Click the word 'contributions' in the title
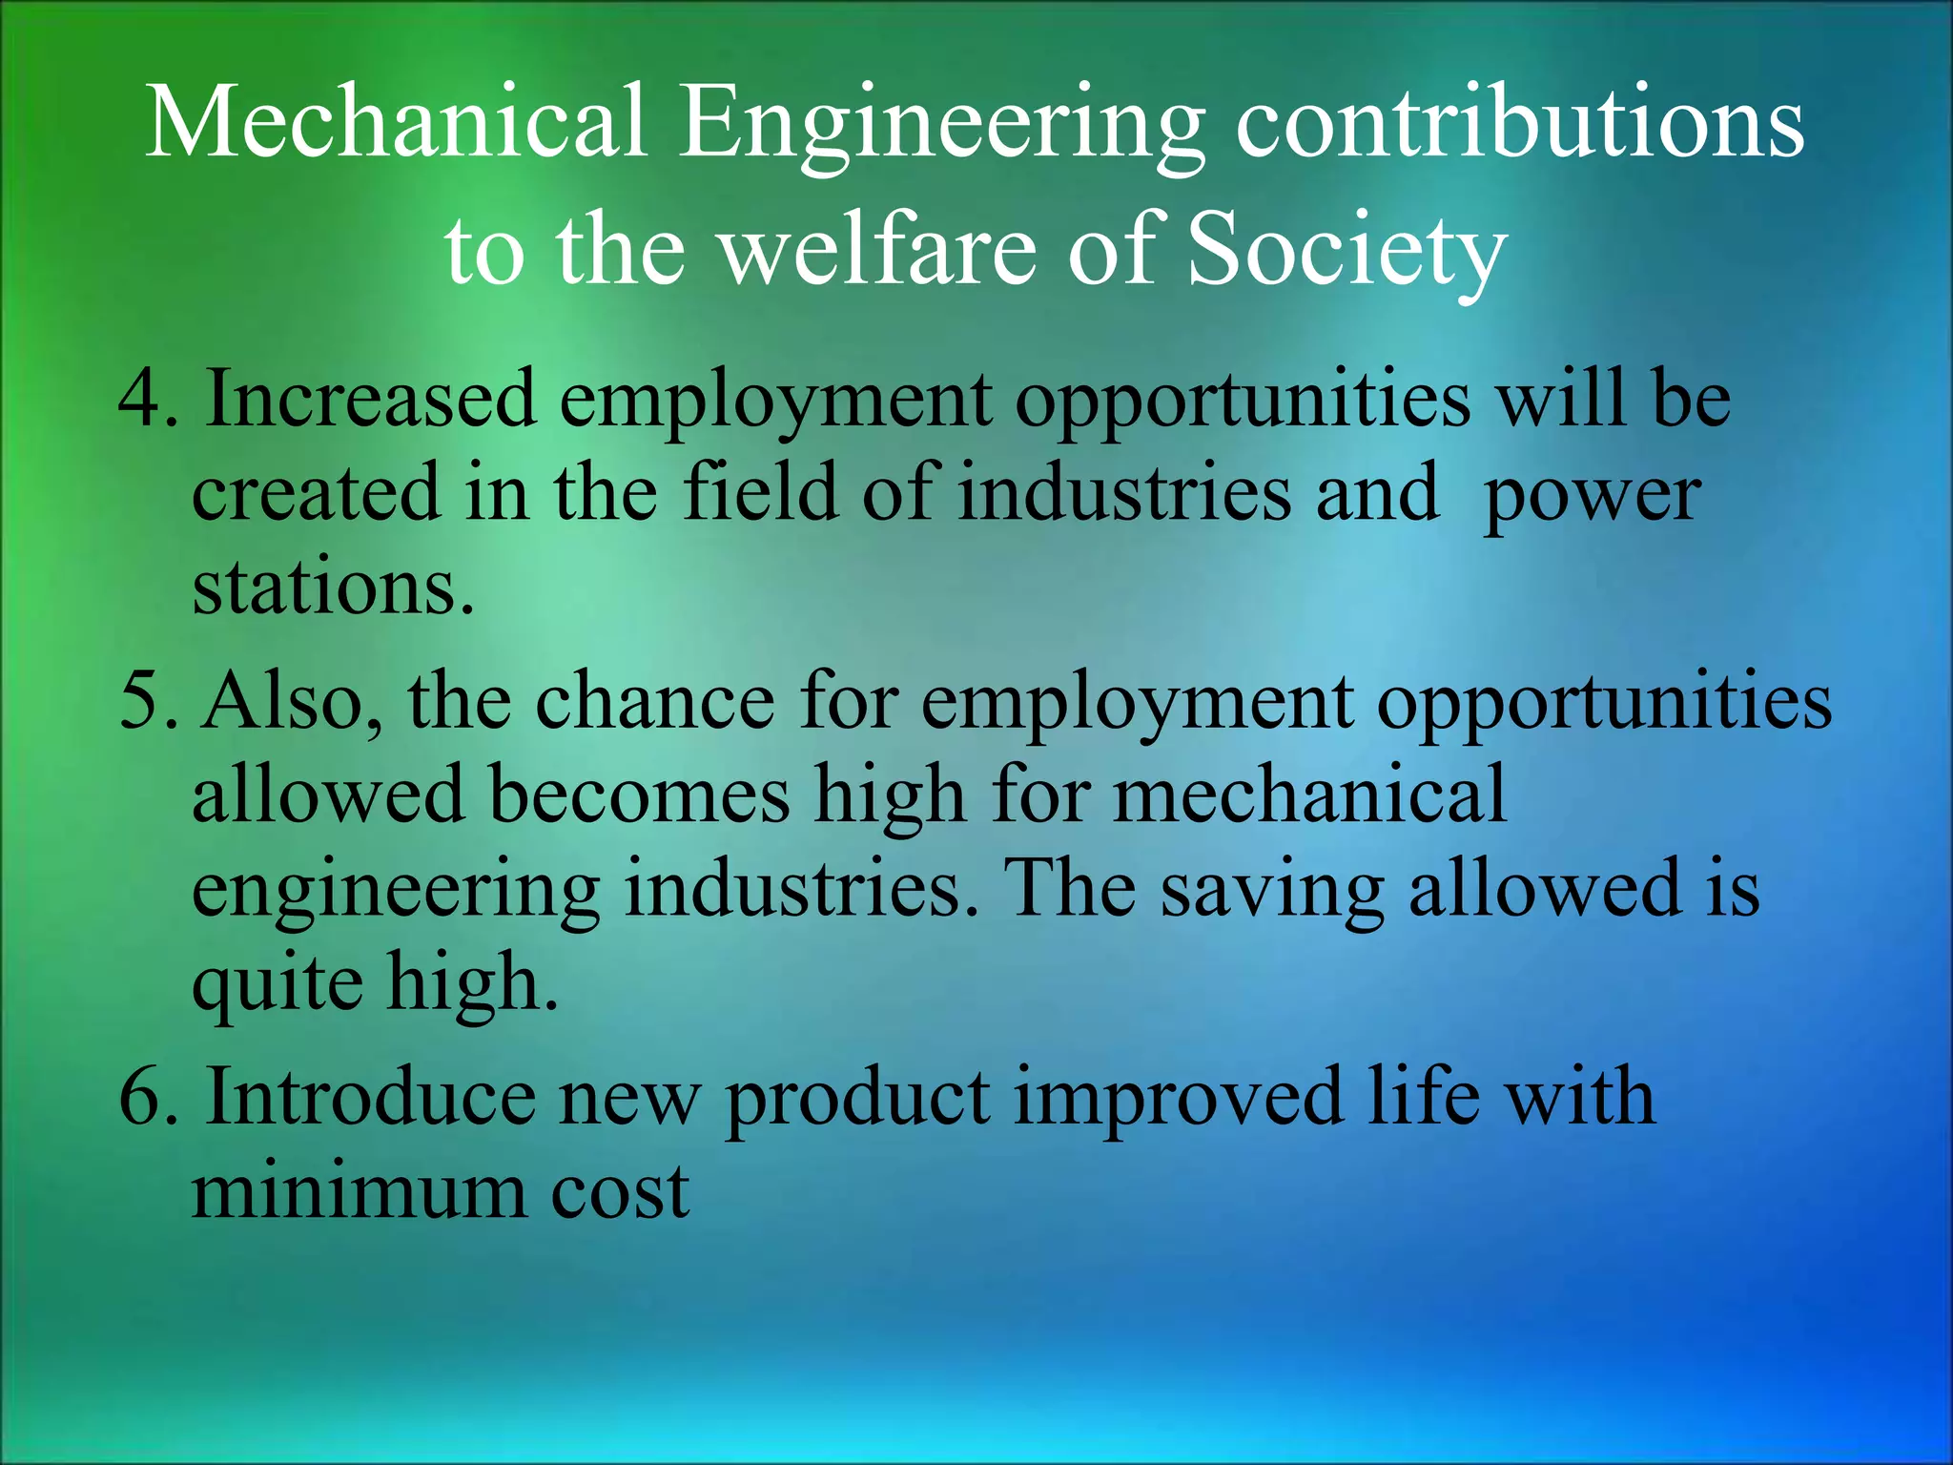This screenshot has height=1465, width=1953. click(1520, 125)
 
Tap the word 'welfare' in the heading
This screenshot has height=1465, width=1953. click(876, 249)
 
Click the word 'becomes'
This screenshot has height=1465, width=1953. click(639, 794)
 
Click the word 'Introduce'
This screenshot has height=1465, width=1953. click(371, 1098)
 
